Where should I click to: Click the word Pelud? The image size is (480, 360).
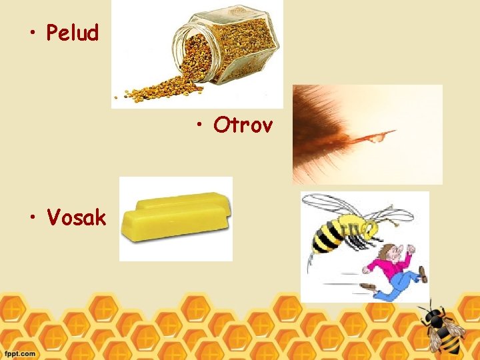click(72, 33)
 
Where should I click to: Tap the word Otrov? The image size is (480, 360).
click(243, 125)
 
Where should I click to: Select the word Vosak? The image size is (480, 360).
click(76, 217)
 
